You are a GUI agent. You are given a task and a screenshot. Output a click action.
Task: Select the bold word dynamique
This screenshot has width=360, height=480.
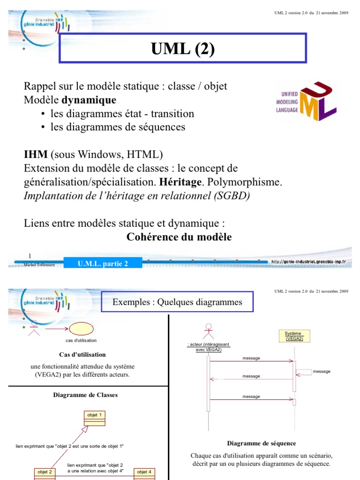(89, 100)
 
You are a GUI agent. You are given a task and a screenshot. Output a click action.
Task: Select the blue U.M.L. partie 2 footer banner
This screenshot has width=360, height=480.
(103, 263)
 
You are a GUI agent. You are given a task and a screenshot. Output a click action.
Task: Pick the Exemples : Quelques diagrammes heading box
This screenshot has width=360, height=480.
(177, 302)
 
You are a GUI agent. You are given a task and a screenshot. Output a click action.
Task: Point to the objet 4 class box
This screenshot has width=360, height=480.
(143, 472)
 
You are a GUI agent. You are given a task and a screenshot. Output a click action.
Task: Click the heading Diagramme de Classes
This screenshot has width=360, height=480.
(85, 395)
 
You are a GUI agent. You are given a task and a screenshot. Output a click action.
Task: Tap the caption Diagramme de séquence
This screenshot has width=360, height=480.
(261, 443)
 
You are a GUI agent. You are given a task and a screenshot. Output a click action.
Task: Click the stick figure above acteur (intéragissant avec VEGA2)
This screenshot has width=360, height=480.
(208, 332)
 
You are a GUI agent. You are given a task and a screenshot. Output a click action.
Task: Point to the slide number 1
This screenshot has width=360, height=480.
(30, 256)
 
